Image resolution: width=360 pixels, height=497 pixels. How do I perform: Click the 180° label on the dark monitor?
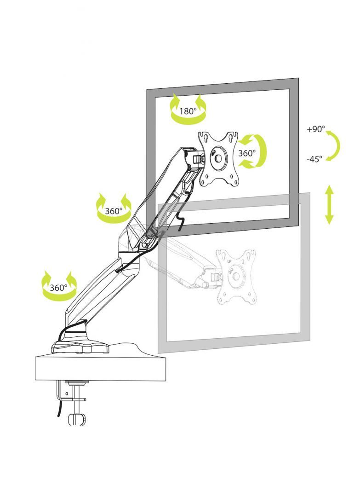click(x=188, y=111)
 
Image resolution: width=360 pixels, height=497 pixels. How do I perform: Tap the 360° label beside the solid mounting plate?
click(x=247, y=153)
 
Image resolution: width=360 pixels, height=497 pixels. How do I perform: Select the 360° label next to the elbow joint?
click(x=114, y=211)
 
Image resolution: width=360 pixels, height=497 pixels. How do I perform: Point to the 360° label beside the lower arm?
click(x=59, y=288)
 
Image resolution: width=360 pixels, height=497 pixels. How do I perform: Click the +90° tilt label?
click(x=316, y=130)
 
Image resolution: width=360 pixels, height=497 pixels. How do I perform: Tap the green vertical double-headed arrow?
click(x=329, y=204)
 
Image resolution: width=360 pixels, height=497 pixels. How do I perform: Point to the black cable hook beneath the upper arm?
click(x=182, y=221)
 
